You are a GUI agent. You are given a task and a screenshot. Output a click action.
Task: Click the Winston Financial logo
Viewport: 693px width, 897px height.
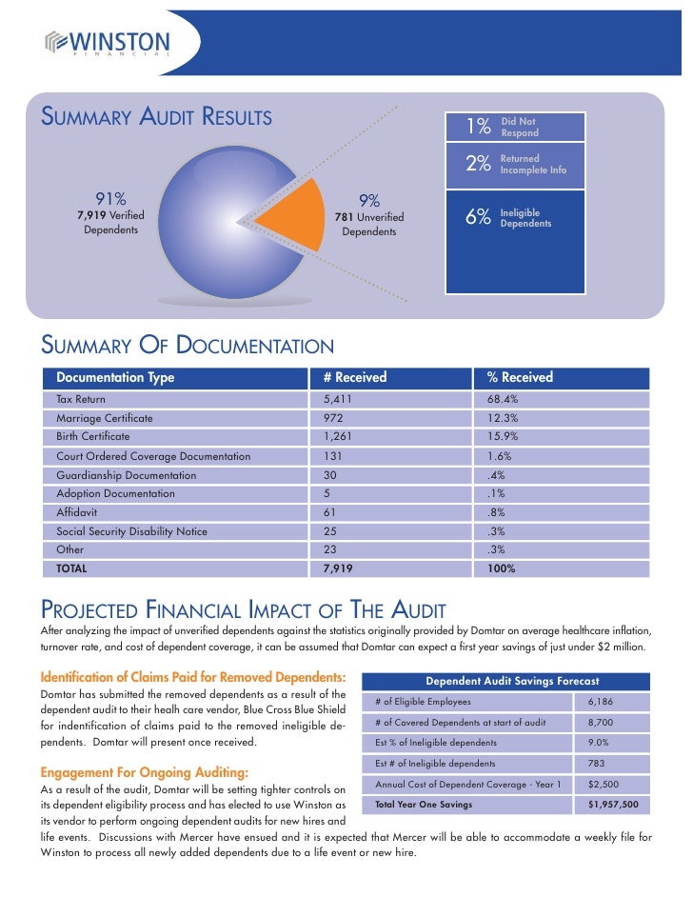[107, 44]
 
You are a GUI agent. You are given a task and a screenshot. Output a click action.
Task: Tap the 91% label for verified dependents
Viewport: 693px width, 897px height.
[109, 199]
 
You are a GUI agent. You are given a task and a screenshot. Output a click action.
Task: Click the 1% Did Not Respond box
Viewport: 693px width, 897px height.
[515, 127]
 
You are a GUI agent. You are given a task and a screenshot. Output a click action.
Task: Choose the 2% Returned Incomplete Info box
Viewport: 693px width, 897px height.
[515, 164]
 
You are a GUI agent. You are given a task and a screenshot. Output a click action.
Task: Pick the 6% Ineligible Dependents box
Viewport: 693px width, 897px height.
[515, 218]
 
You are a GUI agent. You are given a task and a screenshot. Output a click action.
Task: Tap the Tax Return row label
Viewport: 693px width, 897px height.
[81, 399]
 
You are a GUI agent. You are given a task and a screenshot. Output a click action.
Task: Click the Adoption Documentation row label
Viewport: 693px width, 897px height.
[115, 493]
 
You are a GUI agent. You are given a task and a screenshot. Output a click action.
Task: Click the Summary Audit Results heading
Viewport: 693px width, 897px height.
[156, 117]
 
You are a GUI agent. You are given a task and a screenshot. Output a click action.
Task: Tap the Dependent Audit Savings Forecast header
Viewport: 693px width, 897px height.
[512, 681]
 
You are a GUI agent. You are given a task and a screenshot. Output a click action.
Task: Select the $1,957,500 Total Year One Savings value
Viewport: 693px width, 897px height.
[613, 804]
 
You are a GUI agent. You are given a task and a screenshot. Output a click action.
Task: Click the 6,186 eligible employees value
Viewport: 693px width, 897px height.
[601, 701]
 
